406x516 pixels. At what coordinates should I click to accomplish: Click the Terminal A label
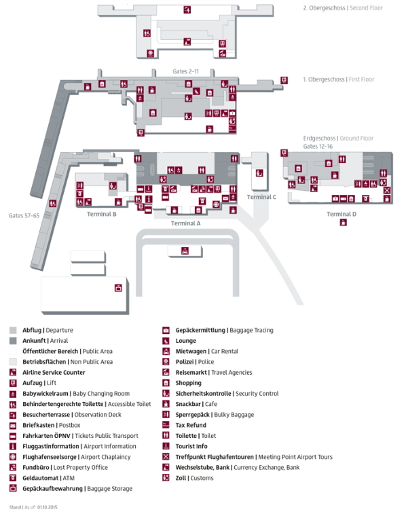[x=185, y=223]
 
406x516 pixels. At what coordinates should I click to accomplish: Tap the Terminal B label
[x=101, y=215]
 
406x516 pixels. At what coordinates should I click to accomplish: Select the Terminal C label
[x=261, y=197]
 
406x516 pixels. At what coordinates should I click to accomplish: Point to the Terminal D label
[x=342, y=215]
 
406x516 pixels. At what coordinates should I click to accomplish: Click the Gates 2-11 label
[x=185, y=71]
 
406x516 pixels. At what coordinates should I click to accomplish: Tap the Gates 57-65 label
[x=24, y=216]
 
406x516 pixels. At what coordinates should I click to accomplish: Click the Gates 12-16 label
[x=318, y=147]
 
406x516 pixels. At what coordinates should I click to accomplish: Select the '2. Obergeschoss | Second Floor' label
[x=343, y=8]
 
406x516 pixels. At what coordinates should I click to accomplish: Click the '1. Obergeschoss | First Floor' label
[x=339, y=79]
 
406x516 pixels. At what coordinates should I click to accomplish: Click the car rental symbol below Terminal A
[x=185, y=251]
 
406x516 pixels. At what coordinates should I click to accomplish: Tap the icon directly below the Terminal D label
[x=343, y=223]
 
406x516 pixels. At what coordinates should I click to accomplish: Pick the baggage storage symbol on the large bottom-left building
[x=118, y=288]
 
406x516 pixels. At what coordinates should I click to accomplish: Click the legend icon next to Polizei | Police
[x=166, y=362]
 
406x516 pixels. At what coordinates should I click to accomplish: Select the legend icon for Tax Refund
[x=166, y=425]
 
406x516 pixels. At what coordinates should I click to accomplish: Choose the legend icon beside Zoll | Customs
[x=166, y=477]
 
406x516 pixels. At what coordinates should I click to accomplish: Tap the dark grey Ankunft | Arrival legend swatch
[x=13, y=341]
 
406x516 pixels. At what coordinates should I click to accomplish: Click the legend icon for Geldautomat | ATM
[x=13, y=478]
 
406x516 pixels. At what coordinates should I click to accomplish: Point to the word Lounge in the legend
[x=185, y=341]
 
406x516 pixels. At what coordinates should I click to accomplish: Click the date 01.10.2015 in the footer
[x=47, y=507]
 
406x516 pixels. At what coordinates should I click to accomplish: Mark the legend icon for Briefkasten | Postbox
[x=13, y=425]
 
